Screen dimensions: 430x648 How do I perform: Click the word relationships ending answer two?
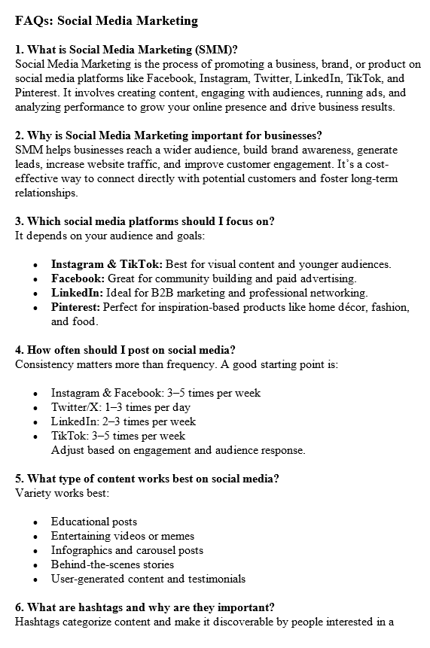point(45,193)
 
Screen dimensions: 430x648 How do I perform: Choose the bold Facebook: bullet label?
point(78,278)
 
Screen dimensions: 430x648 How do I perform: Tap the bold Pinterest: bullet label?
point(75,307)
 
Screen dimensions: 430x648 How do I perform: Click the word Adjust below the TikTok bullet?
point(67,450)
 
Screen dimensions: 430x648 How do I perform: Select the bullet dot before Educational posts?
point(36,522)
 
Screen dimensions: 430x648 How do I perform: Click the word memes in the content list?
point(178,536)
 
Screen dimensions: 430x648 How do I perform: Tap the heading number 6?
point(19,607)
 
